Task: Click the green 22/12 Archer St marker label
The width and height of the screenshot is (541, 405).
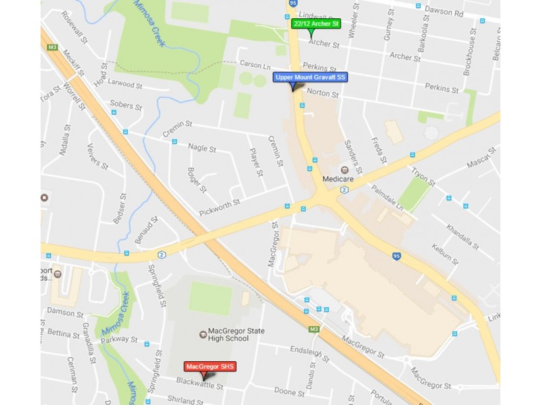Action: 316,24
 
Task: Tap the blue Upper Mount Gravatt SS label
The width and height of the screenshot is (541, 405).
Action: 310,77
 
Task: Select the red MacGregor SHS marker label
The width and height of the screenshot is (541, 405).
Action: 210,367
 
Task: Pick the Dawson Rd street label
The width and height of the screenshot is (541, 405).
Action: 443,11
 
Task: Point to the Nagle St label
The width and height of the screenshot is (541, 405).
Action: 202,148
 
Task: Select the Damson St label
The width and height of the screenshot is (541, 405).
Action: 65,313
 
